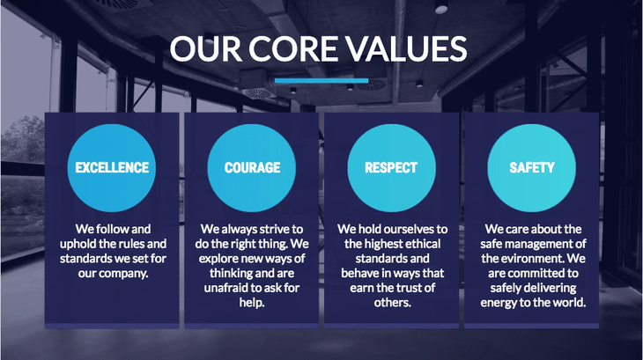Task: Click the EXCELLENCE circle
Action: [x=112, y=167]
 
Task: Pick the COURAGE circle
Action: [x=252, y=167]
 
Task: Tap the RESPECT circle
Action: [x=391, y=167]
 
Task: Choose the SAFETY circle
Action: [x=532, y=167]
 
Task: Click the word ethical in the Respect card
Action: [x=418, y=244]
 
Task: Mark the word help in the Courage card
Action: [x=252, y=303]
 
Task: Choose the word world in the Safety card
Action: [x=567, y=303]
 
